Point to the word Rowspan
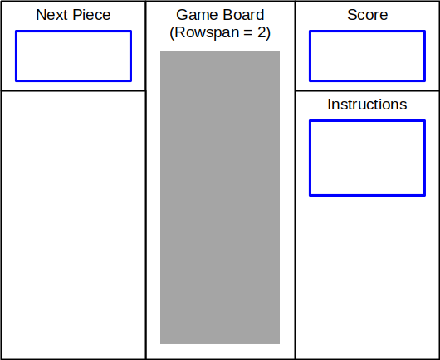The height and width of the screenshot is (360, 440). pyautogui.click(x=208, y=33)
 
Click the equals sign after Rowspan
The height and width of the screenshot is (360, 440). pyautogui.click(x=248, y=32)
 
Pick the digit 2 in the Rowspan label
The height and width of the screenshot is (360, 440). pyautogui.click(x=262, y=32)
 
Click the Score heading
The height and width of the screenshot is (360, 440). pyautogui.click(x=367, y=15)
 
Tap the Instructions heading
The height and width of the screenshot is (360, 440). pyautogui.click(x=367, y=105)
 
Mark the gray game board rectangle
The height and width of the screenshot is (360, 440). pyautogui.click(x=220, y=197)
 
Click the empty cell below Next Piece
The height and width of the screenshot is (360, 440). pyautogui.click(x=73, y=224)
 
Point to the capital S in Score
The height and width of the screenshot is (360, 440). pyautogui.click(x=352, y=15)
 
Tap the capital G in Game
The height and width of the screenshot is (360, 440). pyautogui.click(x=182, y=15)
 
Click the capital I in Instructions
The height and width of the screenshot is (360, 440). pyautogui.click(x=329, y=105)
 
